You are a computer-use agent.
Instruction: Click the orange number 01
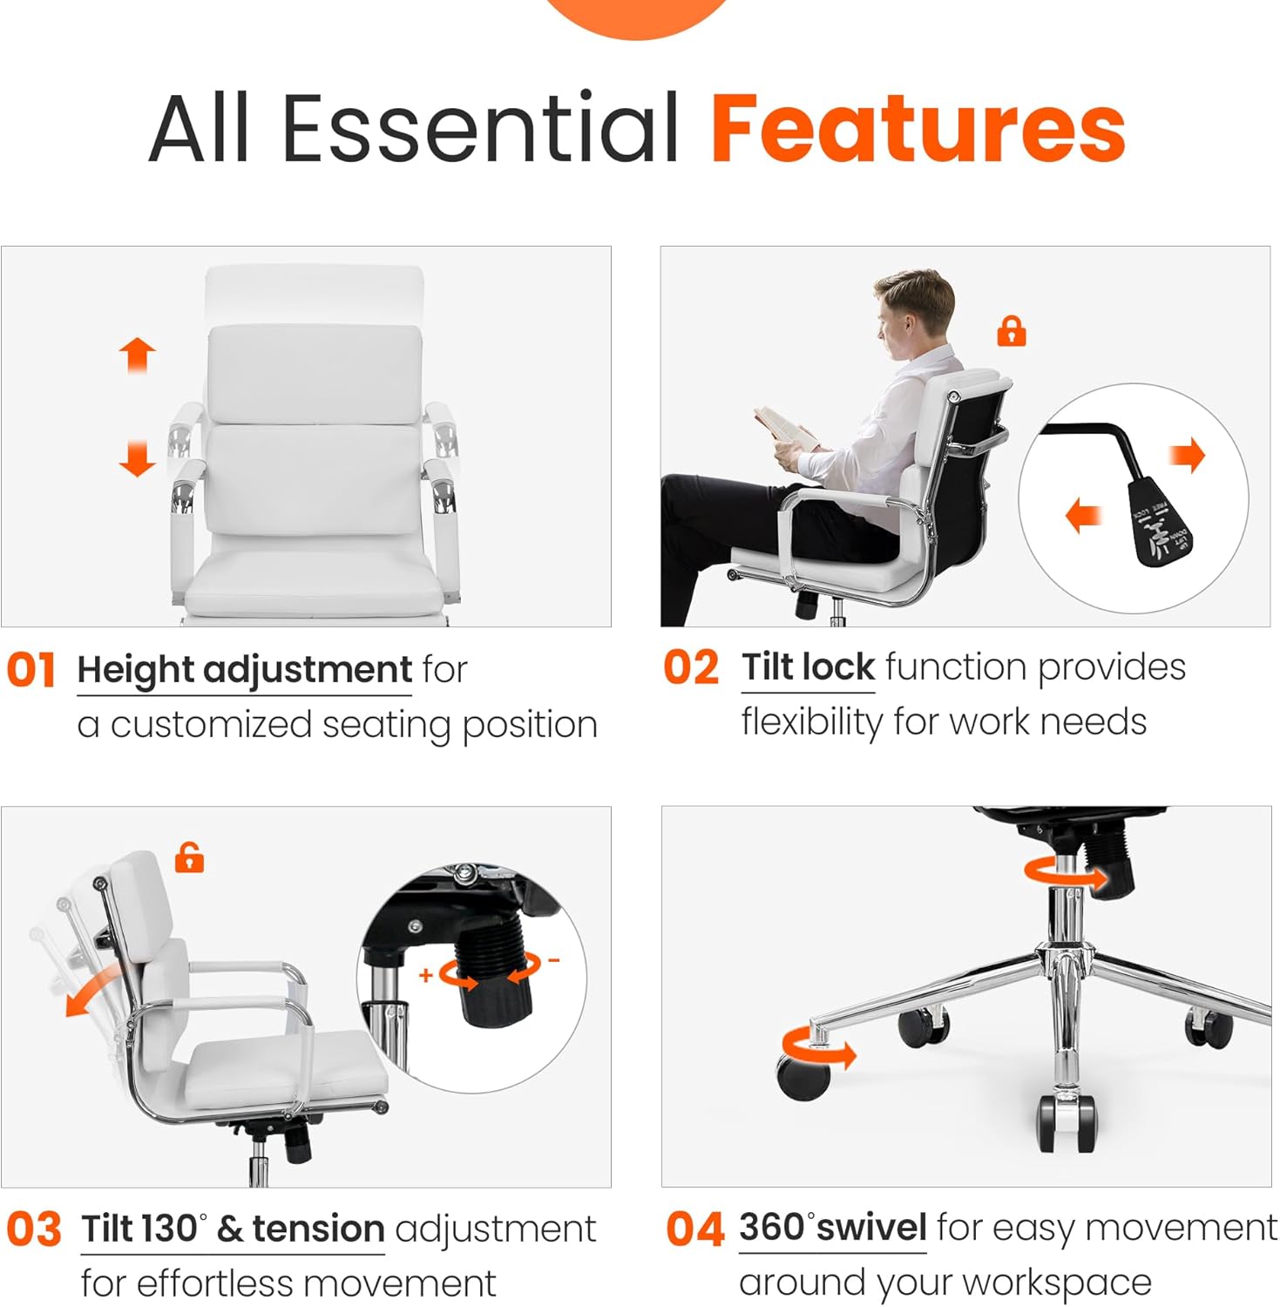pyautogui.click(x=31, y=671)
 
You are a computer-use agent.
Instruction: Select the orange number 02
pyautogui.click(x=691, y=668)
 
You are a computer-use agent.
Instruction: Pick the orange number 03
pyautogui.click(x=34, y=1229)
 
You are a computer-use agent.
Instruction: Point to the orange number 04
pyautogui.click(x=694, y=1229)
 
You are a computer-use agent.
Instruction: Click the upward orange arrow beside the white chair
pyautogui.click(x=137, y=356)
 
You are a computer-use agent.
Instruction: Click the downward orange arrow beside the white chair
pyautogui.click(x=137, y=458)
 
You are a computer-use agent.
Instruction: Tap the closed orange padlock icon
pyautogui.click(x=1011, y=331)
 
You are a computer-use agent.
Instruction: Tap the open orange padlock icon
pyautogui.click(x=189, y=857)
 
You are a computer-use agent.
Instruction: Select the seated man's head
pyautogui.click(x=911, y=309)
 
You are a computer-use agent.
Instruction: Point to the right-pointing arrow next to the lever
pyautogui.click(x=1187, y=454)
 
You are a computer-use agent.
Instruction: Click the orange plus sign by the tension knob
pyautogui.click(x=426, y=975)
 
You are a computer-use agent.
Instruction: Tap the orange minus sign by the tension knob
pyautogui.click(x=553, y=961)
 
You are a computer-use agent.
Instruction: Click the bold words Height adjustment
pyautogui.click(x=244, y=670)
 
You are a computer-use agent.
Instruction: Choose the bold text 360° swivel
pyautogui.click(x=832, y=1228)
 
